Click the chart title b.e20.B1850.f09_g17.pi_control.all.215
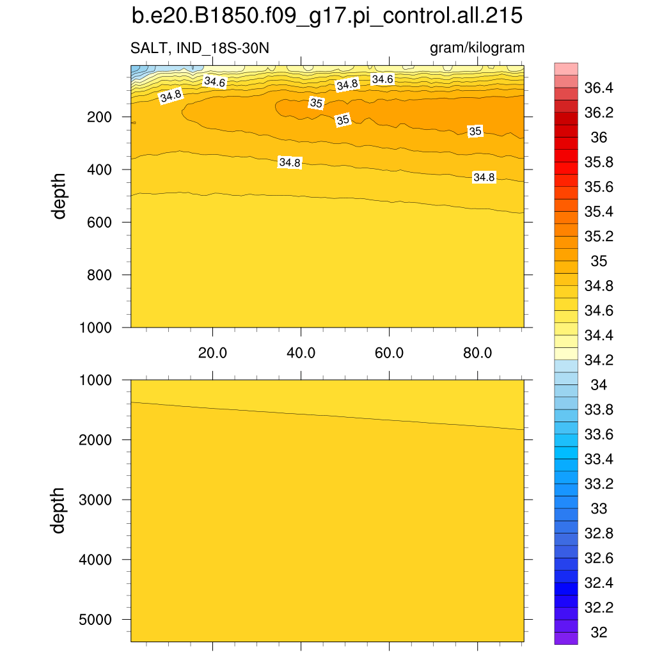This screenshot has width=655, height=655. [x=327, y=17]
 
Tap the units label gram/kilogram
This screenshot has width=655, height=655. [x=477, y=49]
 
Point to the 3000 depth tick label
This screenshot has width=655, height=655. [x=95, y=500]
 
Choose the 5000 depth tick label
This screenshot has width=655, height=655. [x=95, y=619]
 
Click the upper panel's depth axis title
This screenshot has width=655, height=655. [x=59, y=196]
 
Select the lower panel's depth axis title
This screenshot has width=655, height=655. [x=59, y=510]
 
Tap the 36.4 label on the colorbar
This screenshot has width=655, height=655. [x=599, y=88]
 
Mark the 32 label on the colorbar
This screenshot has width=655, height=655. [x=599, y=633]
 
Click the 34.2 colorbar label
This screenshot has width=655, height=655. [x=599, y=360]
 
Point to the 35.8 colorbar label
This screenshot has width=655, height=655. [x=599, y=162]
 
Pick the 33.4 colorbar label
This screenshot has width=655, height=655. [x=599, y=459]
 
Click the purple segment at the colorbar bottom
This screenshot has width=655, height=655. [x=566, y=638]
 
